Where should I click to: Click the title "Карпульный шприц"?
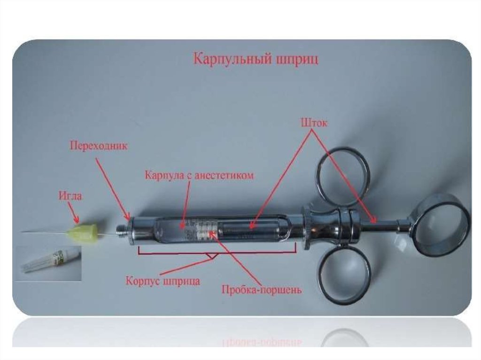click(256, 59)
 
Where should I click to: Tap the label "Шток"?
click(314, 123)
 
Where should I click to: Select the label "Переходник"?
click(99, 146)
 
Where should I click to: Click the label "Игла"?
click(70, 195)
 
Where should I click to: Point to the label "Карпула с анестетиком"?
click(199, 176)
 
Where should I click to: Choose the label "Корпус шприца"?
click(163, 281)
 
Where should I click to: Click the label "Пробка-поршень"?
click(261, 290)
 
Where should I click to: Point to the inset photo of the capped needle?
click(48, 263)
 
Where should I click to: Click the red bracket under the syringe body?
click(217, 252)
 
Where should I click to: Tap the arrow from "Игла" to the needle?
click(74, 213)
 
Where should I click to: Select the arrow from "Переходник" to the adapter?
click(112, 189)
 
